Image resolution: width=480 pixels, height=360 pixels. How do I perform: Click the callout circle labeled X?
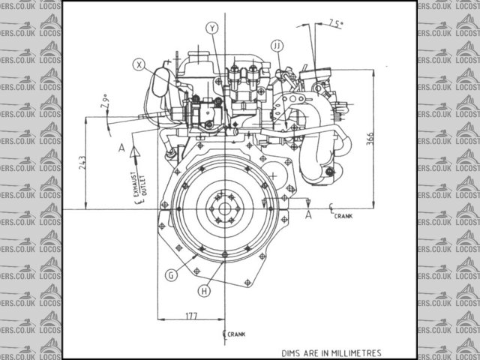pos(139,65)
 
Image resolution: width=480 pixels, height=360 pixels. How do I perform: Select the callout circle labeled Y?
pos(213,28)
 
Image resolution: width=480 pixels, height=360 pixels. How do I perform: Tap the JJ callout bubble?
pos(277,46)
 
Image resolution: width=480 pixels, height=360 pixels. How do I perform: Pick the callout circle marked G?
pos(172,275)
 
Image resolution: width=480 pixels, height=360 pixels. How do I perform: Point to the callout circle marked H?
pos(204,290)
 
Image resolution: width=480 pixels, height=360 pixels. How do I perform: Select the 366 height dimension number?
pos(369,141)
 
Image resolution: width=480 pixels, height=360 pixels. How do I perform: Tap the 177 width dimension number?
pos(190,317)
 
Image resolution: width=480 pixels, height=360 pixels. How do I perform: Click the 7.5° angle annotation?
pos(335,24)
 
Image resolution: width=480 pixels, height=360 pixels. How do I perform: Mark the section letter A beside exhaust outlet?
pos(121,148)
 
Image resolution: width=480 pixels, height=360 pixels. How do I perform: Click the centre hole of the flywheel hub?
pos(223,208)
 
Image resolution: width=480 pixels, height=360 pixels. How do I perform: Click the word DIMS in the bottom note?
pos(292,352)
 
